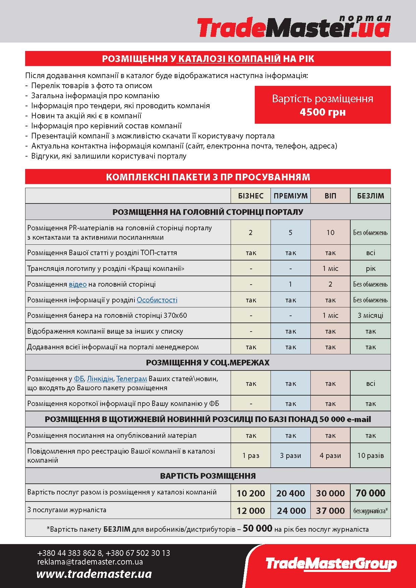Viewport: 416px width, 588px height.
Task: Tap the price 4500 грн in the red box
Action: tap(322, 112)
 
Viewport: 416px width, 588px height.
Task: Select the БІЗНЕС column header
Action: tap(251, 196)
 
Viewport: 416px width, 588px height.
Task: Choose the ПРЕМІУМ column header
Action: tap(291, 196)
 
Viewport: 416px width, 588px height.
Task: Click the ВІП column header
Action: tap(330, 196)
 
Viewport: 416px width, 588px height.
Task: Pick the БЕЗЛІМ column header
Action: tap(370, 196)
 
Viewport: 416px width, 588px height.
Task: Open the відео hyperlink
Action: tap(78, 284)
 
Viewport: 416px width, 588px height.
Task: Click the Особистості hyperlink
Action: tap(157, 300)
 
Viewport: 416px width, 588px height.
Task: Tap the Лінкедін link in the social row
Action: tap(100, 379)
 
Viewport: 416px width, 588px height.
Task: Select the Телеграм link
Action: tap(132, 379)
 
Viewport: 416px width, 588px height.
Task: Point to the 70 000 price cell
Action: tap(370, 493)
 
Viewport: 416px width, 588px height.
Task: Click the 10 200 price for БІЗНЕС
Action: tap(251, 493)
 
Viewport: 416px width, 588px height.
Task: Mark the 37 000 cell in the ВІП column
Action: tap(330, 511)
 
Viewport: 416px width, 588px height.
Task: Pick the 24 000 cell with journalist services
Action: tap(291, 511)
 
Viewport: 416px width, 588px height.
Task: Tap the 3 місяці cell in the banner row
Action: tap(370, 315)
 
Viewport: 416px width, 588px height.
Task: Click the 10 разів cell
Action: tap(370, 456)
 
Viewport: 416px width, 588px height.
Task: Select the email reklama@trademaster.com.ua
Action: tap(90, 562)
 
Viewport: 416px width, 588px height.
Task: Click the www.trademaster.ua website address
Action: tap(94, 574)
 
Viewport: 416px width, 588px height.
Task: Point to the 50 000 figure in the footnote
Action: tap(257, 528)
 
